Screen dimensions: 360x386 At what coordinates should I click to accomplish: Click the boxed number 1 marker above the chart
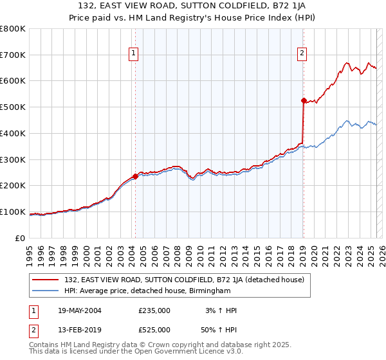pos(134,54)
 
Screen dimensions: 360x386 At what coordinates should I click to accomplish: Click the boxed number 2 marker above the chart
pos(302,54)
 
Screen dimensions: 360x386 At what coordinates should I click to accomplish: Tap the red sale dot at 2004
pos(135,176)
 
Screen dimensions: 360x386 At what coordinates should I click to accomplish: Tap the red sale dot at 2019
pos(303,100)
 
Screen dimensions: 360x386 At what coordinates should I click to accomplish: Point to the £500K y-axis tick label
pos(13,107)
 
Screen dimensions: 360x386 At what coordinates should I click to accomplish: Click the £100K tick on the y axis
pos(13,212)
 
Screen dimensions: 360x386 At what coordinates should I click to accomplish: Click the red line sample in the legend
pos(46,280)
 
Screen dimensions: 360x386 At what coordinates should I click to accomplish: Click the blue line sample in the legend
pos(46,291)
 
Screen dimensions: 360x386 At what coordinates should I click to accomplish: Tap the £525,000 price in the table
pos(154,330)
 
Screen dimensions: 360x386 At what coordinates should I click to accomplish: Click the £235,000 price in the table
pos(154,310)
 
